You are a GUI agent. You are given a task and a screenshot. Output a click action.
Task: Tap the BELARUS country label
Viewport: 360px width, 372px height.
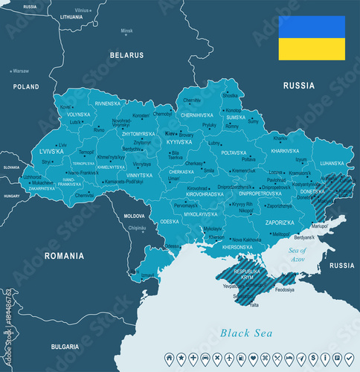(x=126, y=55)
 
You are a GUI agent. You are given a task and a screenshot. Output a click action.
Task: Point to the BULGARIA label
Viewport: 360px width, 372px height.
(x=64, y=346)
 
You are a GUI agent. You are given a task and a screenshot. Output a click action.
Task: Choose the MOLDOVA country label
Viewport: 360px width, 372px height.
(x=135, y=215)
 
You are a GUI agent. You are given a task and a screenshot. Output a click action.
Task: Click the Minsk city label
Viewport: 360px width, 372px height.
(x=127, y=31)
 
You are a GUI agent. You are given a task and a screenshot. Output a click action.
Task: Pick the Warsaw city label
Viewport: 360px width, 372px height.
(x=20, y=71)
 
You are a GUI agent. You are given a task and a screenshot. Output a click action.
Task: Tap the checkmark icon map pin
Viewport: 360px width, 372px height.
(x=349, y=359)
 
